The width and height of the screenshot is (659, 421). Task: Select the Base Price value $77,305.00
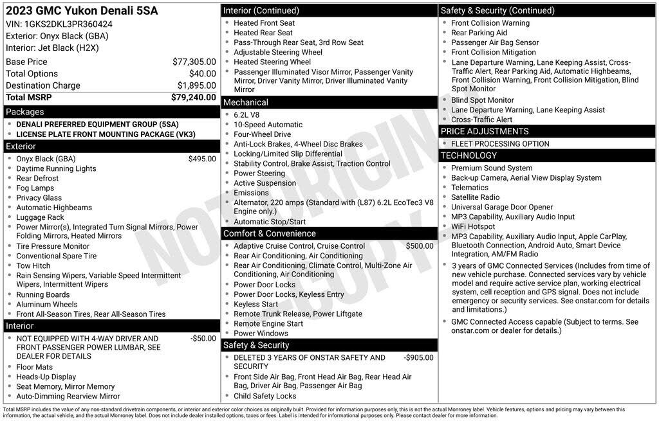tap(194, 62)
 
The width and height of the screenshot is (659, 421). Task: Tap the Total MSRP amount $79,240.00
tap(194, 97)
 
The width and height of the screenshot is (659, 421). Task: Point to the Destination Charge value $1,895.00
tap(197, 85)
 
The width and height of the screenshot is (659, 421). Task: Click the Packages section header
tap(25, 112)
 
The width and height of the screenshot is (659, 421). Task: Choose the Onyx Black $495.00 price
tap(202, 159)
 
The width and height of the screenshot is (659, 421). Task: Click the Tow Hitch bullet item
tap(33, 265)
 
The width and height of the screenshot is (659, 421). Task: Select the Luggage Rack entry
tap(40, 217)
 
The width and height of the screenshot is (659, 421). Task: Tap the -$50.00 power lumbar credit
tap(203, 338)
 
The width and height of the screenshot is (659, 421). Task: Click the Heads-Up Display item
tap(46, 377)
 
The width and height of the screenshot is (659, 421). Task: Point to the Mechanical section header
tap(245, 102)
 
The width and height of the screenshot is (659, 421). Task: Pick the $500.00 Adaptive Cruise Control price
tap(420, 246)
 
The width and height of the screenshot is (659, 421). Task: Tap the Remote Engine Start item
tap(268, 323)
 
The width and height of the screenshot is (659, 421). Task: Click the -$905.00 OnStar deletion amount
tap(418, 357)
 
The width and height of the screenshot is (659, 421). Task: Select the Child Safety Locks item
tap(265, 396)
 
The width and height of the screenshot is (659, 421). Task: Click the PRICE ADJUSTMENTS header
tap(484, 131)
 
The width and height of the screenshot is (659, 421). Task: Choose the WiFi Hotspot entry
tap(473, 226)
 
